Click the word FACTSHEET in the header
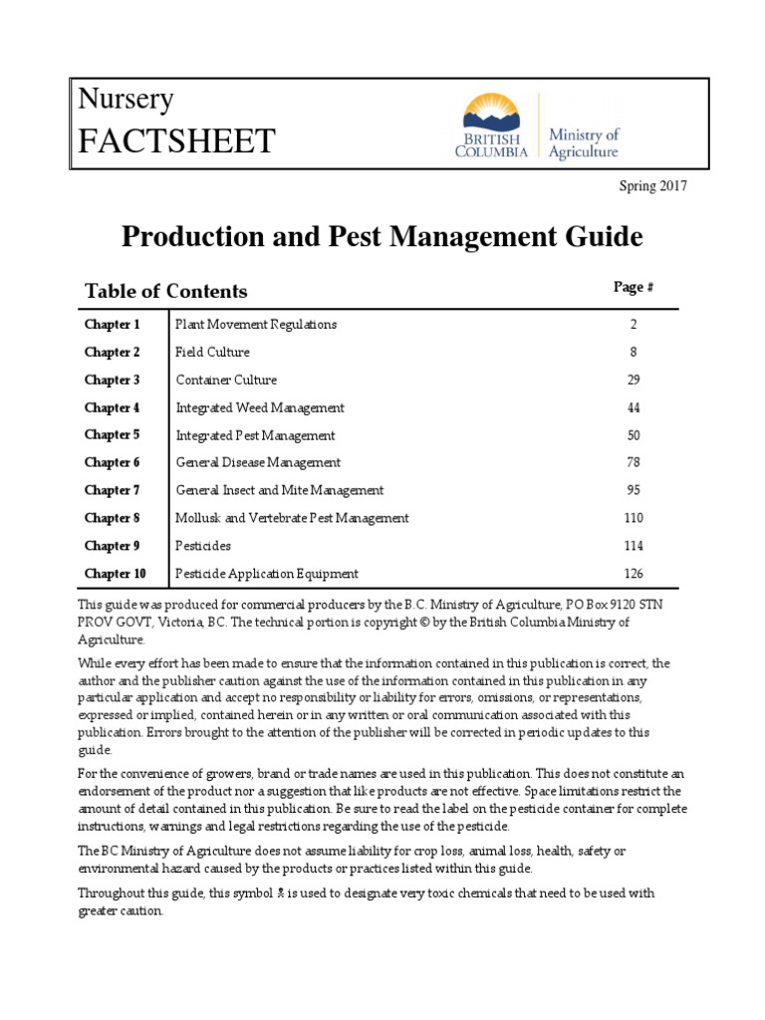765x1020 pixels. coord(177,141)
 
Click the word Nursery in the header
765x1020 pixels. coord(127,100)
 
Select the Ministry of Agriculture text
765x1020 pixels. coord(584,142)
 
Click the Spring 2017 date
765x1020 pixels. coord(653,185)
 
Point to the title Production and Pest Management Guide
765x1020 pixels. coord(382,237)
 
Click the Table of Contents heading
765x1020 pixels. coord(166,291)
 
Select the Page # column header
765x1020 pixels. coord(633,287)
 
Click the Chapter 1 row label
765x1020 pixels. coord(113,325)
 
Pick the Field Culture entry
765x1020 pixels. coord(213,353)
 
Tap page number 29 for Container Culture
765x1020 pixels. coord(634,381)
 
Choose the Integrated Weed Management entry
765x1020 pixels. coord(260,408)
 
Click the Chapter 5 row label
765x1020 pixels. coord(113,435)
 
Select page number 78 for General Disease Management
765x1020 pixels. coord(634,463)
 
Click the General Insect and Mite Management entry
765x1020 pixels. coord(280,491)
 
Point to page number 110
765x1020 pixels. coord(634,518)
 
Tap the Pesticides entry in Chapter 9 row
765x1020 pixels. coord(203,546)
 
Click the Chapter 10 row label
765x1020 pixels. coord(116,574)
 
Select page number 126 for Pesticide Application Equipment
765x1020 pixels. coord(634,574)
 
